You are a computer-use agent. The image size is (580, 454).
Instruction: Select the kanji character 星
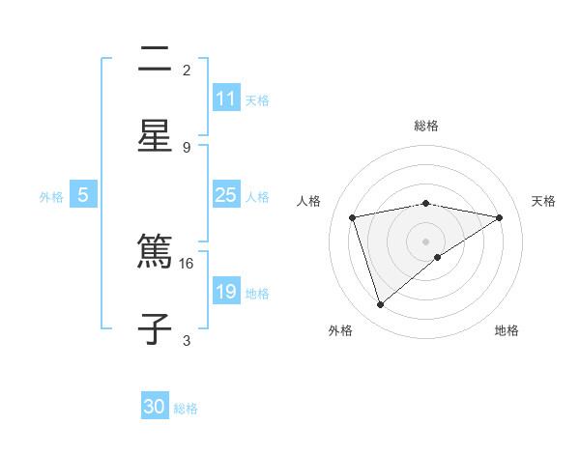(x=155, y=135)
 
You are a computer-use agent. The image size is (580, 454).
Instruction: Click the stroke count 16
(x=187, y=263)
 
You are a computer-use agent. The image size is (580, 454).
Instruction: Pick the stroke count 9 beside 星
(x=187, y=147)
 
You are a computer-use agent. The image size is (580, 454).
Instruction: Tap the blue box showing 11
(x=226, y=99)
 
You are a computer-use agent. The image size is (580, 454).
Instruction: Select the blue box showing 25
(x=226, y=195)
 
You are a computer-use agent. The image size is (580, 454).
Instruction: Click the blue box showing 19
(x=226, y=292)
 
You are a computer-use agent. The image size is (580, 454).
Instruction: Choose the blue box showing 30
(x=155, y=407)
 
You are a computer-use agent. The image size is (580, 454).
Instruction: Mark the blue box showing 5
(x=83, y=195)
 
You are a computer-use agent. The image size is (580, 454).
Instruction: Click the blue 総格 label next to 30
(x=186, y=409)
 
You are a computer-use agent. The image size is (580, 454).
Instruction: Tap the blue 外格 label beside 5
(x=51, y=196)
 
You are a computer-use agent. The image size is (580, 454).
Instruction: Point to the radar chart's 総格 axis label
(x=426, y=126)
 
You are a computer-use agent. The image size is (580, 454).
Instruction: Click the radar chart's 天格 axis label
(x=543, y=201)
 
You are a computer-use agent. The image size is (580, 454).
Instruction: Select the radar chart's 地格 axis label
(x=507, y=331)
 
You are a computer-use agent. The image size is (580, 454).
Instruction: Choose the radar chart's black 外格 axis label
(x=340, y=331)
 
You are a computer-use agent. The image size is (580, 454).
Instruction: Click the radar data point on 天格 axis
(x=500, y=217)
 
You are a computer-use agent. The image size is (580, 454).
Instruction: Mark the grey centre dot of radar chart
(x=426, y=241)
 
